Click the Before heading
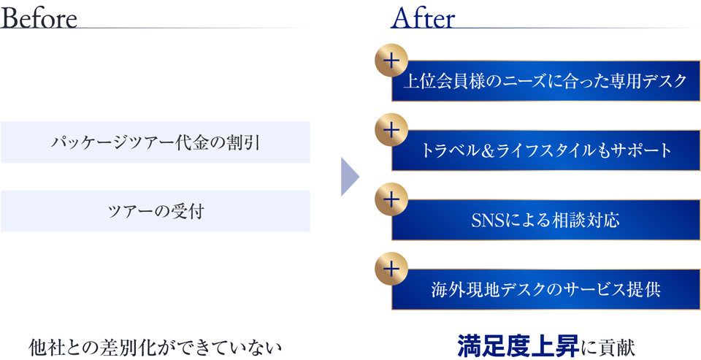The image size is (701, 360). pos(39,18)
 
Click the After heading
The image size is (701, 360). pos(423,18)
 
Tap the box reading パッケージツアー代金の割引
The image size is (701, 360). pos(156,142)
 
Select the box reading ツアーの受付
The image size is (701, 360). pos(156,211)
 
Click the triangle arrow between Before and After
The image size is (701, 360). pos(350,177)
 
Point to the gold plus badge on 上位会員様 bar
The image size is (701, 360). pos(391,61)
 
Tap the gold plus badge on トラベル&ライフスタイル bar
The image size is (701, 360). pos(391,130)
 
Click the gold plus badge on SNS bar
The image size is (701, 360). pos(391,199)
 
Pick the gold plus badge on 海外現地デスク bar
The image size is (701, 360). pos(391,269)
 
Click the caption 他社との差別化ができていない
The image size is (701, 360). pos(155,348)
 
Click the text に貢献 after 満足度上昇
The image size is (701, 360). pos(607,348)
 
